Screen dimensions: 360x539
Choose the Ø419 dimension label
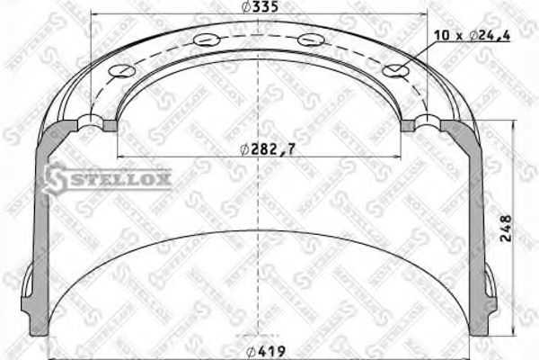click(x=268, y=352)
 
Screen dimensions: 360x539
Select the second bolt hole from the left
click(x=206, y=39)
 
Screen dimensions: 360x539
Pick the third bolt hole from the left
click(x=311, y=39)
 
